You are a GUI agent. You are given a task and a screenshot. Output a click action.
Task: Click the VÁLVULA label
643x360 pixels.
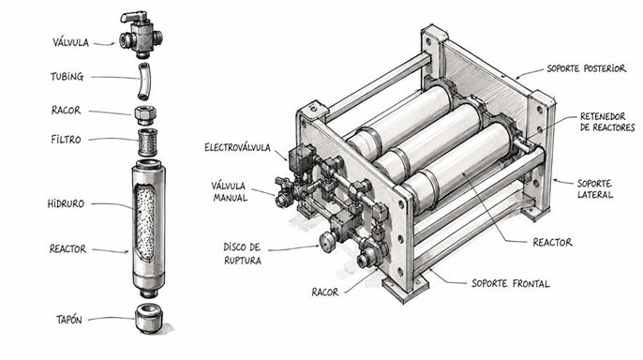[70, 42]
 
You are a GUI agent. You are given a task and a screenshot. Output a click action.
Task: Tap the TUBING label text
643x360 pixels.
[67, 77]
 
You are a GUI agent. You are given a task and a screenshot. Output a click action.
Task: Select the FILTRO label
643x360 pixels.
[66, 140]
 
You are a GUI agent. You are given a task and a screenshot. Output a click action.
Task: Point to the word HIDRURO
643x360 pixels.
[66, 203]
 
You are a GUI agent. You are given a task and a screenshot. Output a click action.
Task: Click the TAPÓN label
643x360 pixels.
[69, 320]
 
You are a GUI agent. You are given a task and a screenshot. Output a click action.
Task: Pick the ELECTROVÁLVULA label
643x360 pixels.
[237, 147]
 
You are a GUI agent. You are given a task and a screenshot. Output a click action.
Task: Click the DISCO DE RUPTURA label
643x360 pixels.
[243, 253]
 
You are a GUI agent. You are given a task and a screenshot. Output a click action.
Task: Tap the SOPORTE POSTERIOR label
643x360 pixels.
[587, 68]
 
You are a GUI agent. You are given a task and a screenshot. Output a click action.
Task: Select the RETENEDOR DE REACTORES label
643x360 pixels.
[607, 122]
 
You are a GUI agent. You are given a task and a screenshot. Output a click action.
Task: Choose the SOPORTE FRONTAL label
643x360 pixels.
[511, 283]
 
